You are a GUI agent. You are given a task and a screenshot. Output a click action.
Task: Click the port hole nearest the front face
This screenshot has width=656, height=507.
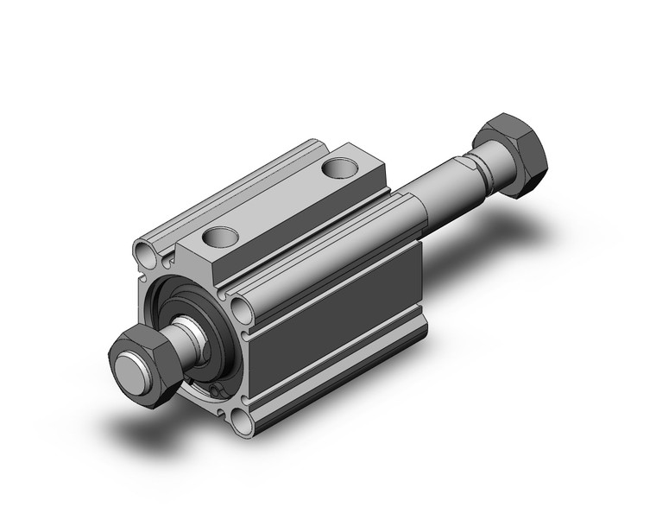coord(218,235)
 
